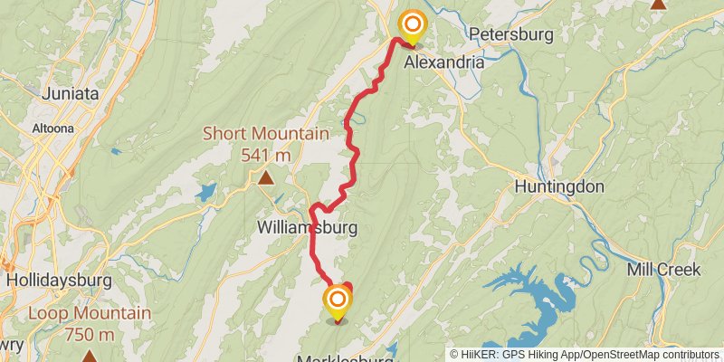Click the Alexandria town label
click(x=443, y=62)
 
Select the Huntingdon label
click(x=558, y=187)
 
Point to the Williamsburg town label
click(x=307, y=226)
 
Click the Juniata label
click(x=69, y=91)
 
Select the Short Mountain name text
click(x=265, y=134)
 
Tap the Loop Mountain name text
click(x=89, y=314)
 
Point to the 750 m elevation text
click(x=89, y=334)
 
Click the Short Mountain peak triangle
click(x=265, y=177)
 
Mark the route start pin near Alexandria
click(x=413, y=25)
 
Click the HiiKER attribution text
click(x=586, y=354)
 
